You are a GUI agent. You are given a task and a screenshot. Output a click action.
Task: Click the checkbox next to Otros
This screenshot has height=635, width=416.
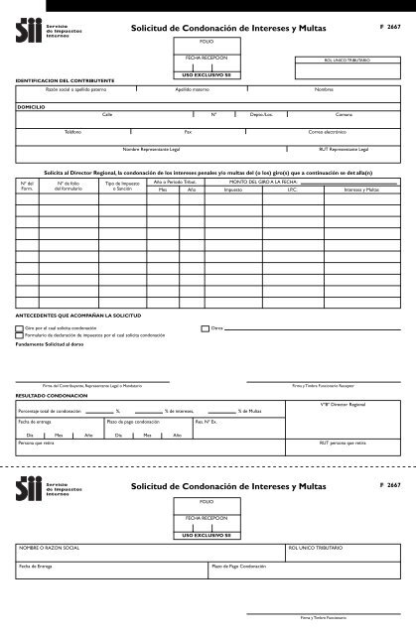click(205, 326)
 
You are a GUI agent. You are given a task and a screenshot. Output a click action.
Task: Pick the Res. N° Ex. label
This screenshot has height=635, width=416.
click(207, 422)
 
